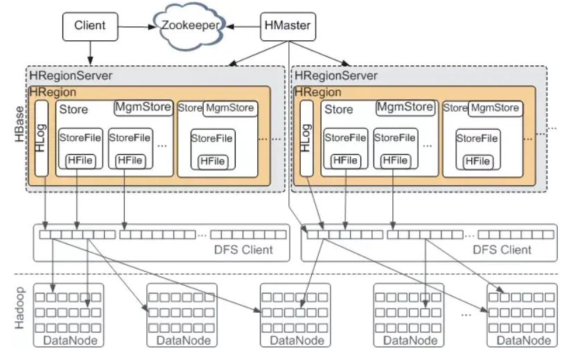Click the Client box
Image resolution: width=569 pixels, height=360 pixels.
(x=89, y=26)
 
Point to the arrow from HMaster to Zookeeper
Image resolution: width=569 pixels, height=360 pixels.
(x=243, y=27)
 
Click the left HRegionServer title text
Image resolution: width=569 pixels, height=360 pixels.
(x=70, y=76)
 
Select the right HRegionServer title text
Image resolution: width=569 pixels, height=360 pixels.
(x=337, y=76)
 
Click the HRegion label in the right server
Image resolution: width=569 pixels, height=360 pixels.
(x=317, y=92)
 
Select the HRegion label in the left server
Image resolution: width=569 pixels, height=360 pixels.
(x=53, y=92)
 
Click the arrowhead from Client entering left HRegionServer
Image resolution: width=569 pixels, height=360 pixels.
(x=89, y=62)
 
